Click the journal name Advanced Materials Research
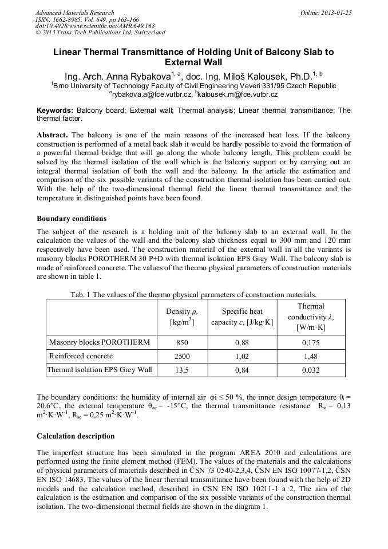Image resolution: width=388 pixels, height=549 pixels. [x=74, y=13]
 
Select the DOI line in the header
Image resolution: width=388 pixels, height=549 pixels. [x=95, y=26]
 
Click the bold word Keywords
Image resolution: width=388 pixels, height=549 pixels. [x=54, y=110]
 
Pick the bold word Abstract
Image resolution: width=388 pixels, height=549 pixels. [x=52, y=135]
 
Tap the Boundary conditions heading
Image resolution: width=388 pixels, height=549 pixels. [x=72, y=218]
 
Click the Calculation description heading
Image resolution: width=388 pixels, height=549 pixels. [x=76, y=436]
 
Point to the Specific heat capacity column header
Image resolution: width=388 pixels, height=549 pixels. [x=242, y=317]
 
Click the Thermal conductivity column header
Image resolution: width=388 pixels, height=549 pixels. [x=311, y=317]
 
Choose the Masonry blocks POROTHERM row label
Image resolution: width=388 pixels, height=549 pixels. [x=100, y=342]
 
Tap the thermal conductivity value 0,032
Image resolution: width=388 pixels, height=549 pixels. [x=311, y=370]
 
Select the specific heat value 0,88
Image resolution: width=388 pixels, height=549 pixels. [x=242, y=343]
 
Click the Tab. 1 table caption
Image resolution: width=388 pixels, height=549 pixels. [x=193, y=294]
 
